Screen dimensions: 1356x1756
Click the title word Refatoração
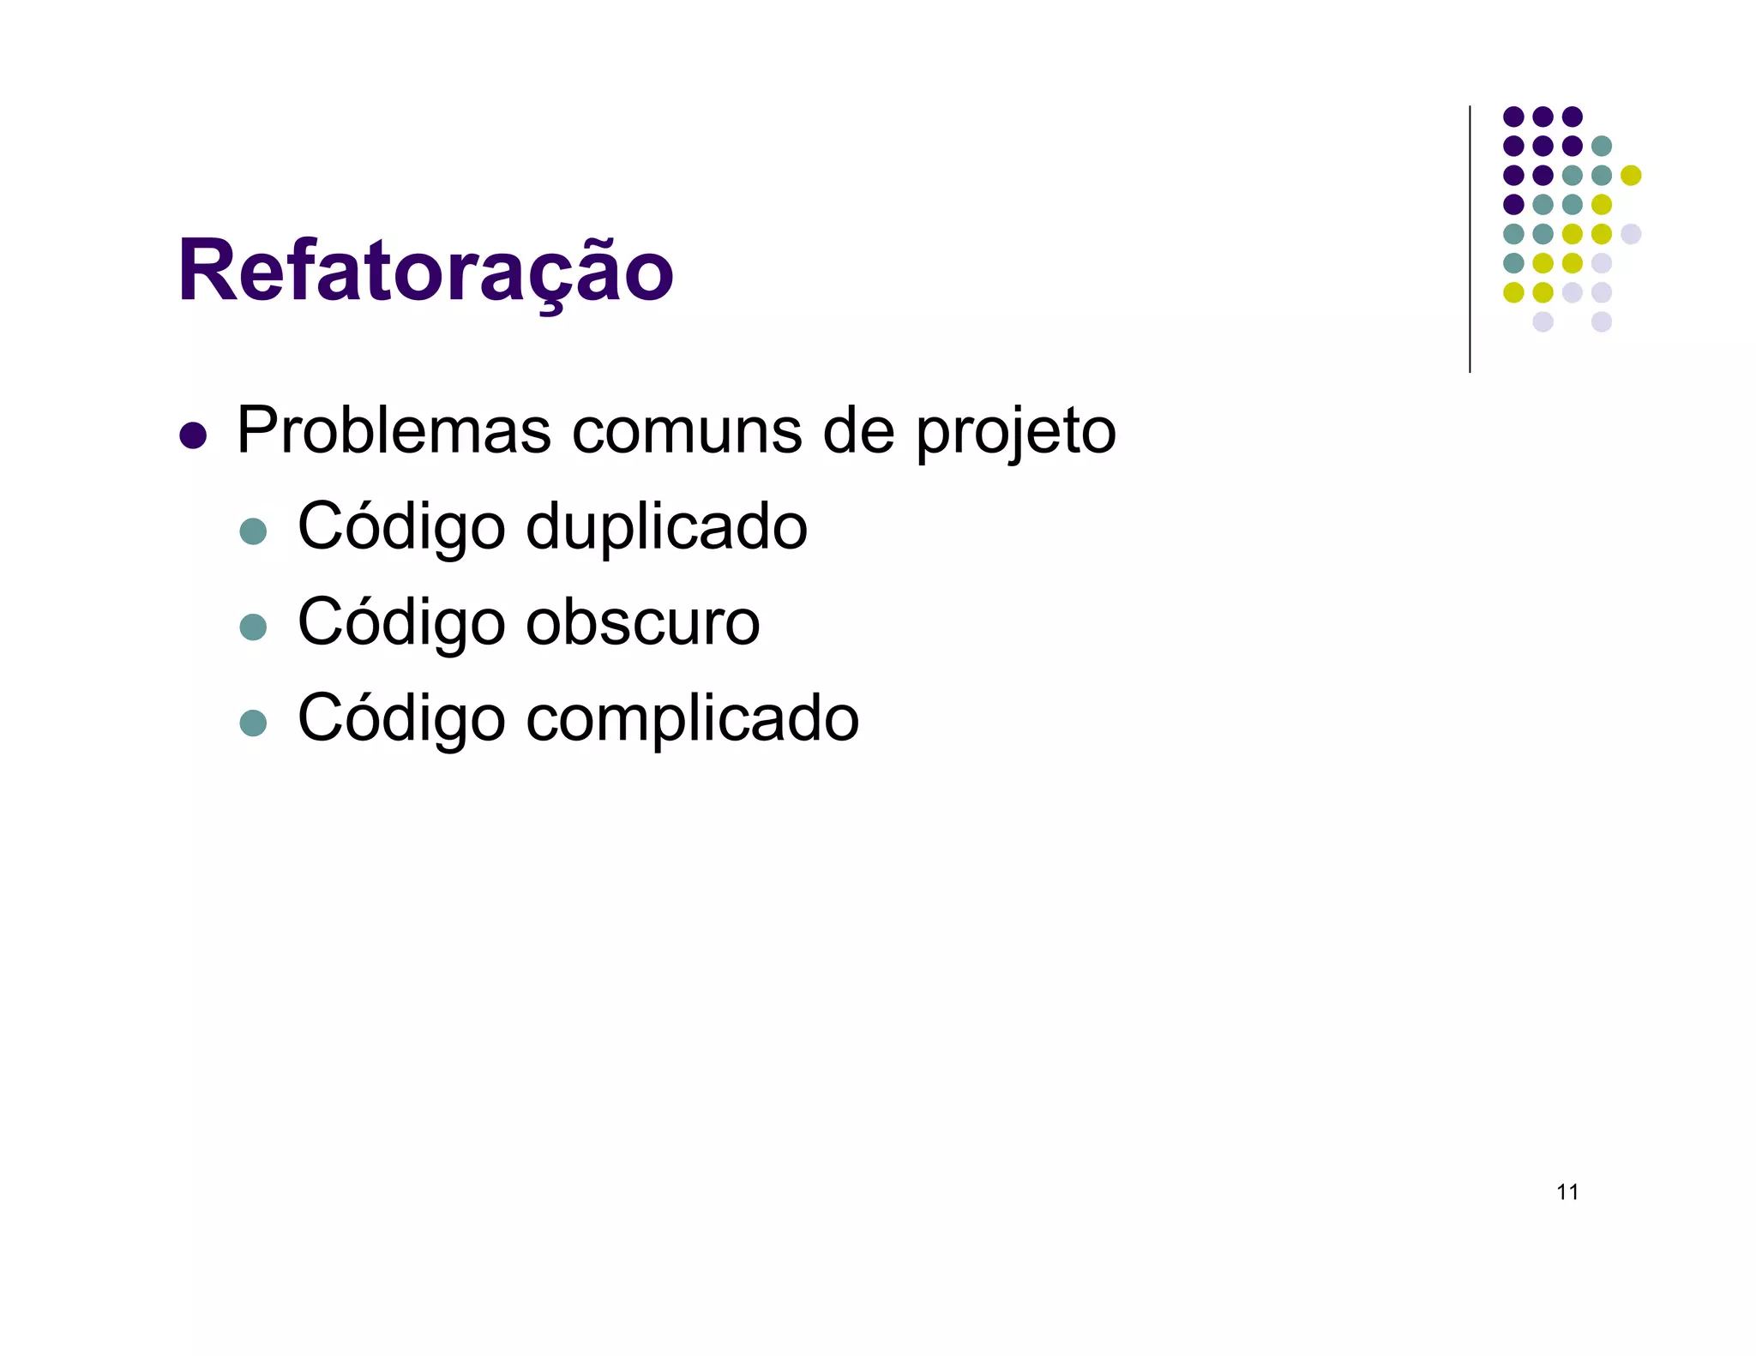point(425,271)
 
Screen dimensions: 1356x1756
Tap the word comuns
point(687,430)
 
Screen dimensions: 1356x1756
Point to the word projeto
point(1015,432)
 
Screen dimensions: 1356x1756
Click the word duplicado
point(666,526)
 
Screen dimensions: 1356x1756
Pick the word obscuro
point(642,622)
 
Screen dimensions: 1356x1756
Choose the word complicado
point(692,718)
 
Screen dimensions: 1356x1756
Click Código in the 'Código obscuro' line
point(400,622)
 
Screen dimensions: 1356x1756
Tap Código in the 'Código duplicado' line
point(400,526)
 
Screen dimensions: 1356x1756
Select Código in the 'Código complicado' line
point(400,718)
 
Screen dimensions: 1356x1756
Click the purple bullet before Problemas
point(193,435)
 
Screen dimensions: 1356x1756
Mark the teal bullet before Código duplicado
point(253,531)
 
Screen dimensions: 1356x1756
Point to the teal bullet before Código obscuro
point(253,627)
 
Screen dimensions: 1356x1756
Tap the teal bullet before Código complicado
point(253,723)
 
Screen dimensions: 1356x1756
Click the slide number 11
point(1567,1192)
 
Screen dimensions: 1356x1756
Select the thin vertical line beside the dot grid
point(1470,240)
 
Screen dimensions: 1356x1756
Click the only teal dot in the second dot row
point(1601,146)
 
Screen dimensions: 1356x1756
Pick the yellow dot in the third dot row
point(1630,175)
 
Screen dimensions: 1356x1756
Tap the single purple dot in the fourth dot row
point(1513,204)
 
